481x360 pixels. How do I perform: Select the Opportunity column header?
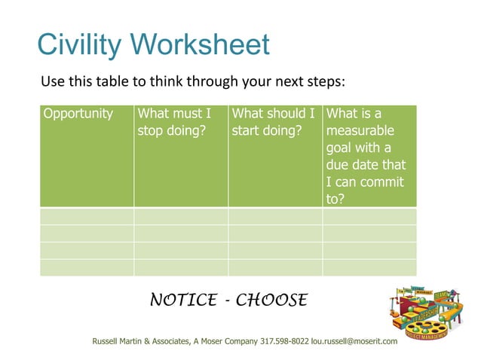pyautogui.click(x=78, y=114)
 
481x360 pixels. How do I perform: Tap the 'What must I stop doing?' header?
pyautogui.click(x=174, y=122)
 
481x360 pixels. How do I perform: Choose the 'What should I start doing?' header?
pyautogui.click(x=273, y=122)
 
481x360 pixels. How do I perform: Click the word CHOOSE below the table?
pyautogui.click(x=271, y=300)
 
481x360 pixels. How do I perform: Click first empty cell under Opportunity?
pyautogui.click(x=87, y=216)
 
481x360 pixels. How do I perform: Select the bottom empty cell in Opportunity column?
pyautogui.click(x=87, y=267)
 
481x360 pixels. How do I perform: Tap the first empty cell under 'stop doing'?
pyautogui.click(x=181, y=216)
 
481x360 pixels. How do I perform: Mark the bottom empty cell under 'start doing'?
pyautogui.click(x=275, y=267)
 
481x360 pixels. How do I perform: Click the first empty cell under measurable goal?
pyautogui.click(x=369, y=216)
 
